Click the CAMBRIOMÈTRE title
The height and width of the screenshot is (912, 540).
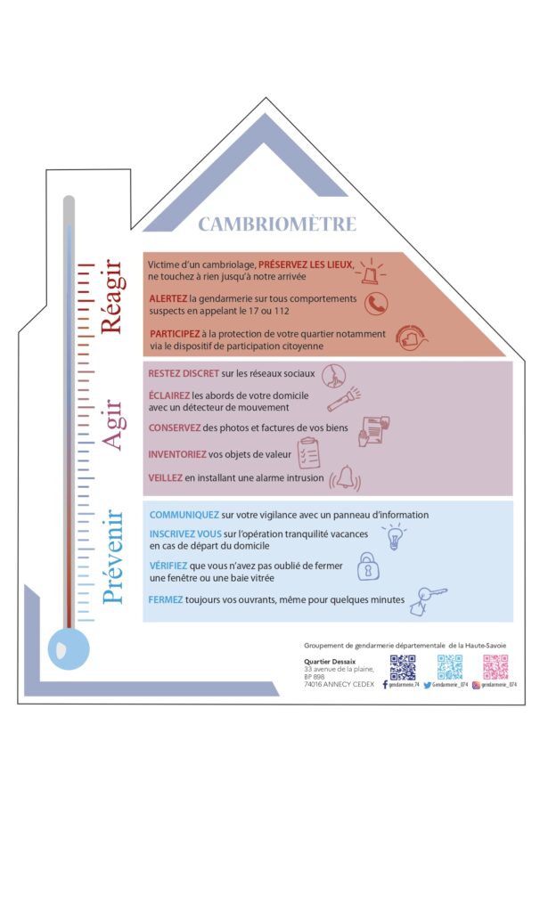[276, 224]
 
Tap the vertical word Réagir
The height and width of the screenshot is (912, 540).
[110, 297]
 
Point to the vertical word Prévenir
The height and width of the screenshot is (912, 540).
[113, 557]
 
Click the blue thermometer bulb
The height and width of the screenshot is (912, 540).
[70, 648]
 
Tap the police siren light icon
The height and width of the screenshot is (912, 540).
[368, 266]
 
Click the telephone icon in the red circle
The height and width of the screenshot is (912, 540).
[376, 305]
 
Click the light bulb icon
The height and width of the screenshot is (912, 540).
[393, 537]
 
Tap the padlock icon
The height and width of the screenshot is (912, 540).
[366, 565]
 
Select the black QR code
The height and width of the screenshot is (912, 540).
[403, 667]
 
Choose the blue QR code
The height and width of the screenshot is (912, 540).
[450, 667]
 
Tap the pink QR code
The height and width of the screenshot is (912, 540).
[495, 667]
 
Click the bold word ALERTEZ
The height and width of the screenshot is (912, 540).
[168, 298]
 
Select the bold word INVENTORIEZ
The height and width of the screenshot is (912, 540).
[177, 454]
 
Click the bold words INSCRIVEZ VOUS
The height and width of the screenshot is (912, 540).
[185, 533]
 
